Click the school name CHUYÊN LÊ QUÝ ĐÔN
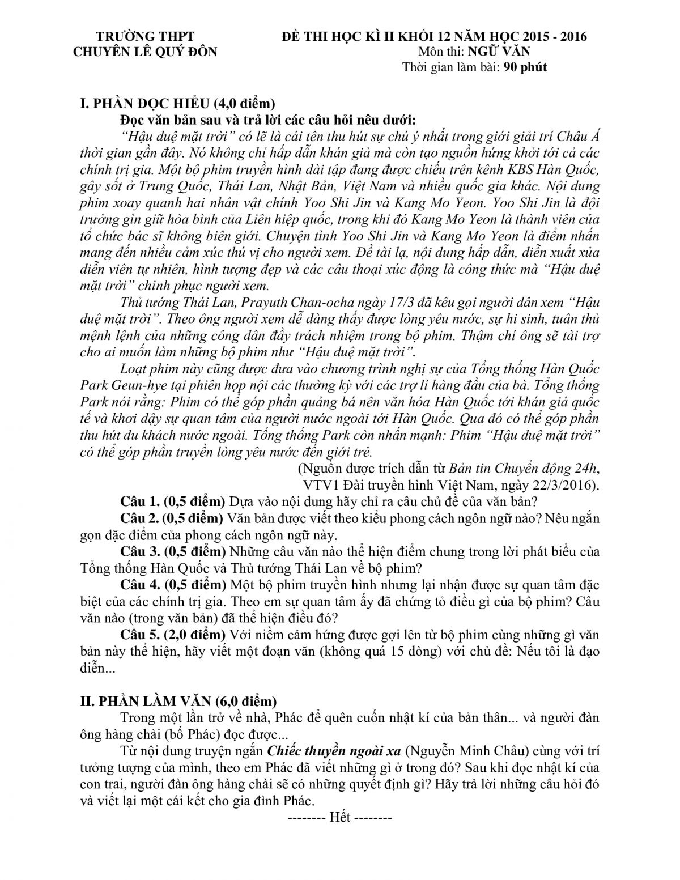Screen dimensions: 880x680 (145, 51)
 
